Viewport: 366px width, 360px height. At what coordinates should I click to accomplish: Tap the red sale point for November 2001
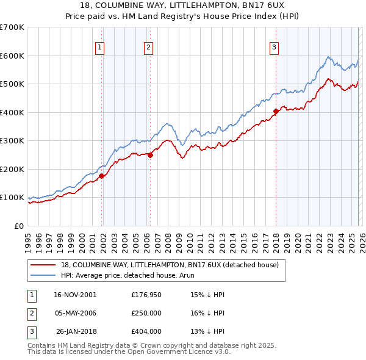[x=102, y=176]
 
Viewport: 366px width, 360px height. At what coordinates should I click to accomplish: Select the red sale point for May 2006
[x=150, y=155]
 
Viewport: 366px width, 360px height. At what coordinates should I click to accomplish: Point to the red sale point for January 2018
[x=276, y=111]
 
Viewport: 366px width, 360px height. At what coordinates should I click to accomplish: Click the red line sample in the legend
[x=43, y=265]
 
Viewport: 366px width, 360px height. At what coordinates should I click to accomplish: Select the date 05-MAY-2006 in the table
[x=75, y=313]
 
